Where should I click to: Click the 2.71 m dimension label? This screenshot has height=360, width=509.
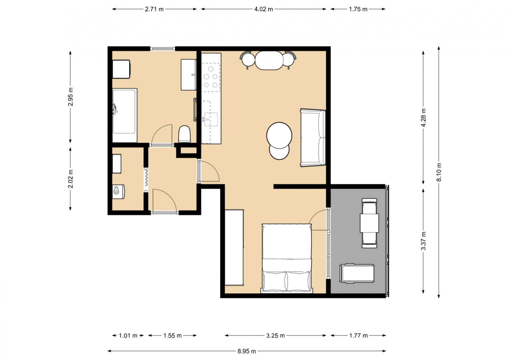pos(154,9)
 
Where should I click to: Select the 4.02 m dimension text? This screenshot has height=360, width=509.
pos(264,9)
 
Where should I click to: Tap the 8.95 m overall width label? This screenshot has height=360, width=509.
pos(247,351)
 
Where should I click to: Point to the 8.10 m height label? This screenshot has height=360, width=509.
pos(439,172)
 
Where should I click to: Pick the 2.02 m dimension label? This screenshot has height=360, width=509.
pos(71,179)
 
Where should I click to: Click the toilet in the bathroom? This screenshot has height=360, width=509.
pos(184,134)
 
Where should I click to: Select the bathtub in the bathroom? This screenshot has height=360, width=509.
pos(125,115)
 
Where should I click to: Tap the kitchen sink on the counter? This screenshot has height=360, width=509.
pos(211,119)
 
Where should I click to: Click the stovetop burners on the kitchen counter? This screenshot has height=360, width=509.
pos(211,77)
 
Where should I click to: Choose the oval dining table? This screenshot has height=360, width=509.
pos(269,60)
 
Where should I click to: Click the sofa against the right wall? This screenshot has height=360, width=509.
pos(313,138)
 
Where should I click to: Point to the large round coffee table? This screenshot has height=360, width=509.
pos(279,136)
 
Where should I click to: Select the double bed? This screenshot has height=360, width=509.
pos(287,258)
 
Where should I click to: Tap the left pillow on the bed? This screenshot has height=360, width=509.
pos(275,281)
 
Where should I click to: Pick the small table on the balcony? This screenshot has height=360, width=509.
pos(369,223)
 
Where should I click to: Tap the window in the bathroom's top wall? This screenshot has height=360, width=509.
pos(162,48)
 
